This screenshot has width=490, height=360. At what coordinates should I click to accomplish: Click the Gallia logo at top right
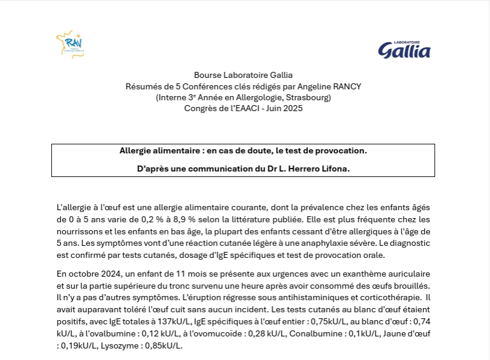tap(404, 50)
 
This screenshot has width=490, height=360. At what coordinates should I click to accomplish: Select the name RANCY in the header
tap(346, 86)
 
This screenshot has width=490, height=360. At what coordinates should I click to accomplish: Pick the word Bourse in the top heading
tap(207, 76)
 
